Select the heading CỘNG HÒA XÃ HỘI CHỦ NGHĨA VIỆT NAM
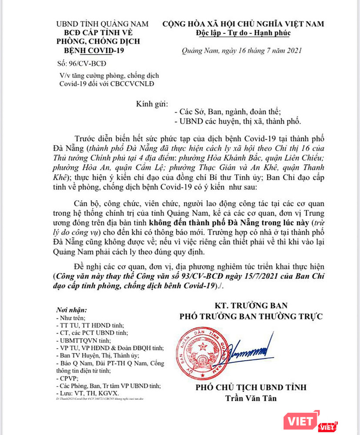[x=243, y=24]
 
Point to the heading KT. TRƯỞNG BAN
[x=251, y=306]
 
